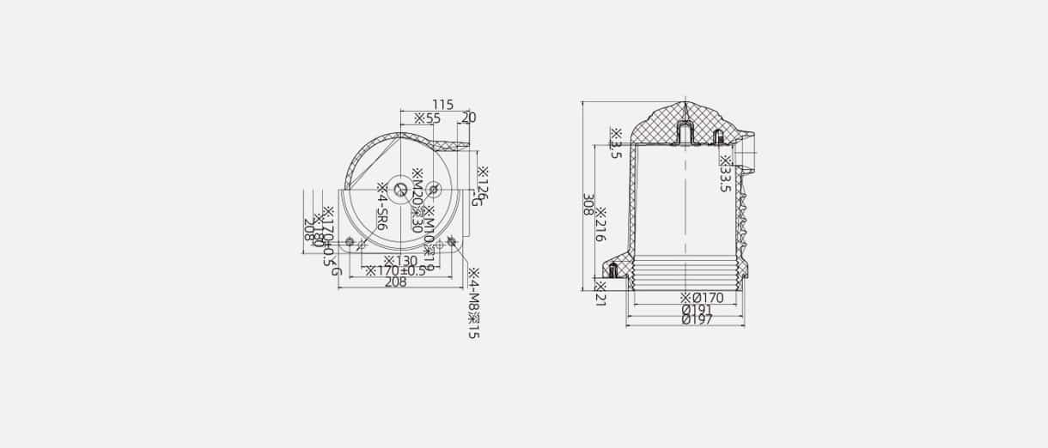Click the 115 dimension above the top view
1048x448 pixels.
click(x=442, y=105)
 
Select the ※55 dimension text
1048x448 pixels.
click(x=427, y=118)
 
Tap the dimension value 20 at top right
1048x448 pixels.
click(x=469, y=118)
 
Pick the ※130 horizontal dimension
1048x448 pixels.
click(x=400, y=260)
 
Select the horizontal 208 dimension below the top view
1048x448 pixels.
click(x=395, y=282)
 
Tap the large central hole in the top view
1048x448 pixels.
click(x=401, y=190)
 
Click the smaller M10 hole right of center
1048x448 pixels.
click(x=433, y=189)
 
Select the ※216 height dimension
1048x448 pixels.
click(x=601, y=224)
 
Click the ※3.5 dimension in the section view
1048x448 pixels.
click(x=615, y=143)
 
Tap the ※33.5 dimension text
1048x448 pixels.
click(x=725, y=173)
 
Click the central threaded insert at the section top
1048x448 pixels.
click(x=685, y=133)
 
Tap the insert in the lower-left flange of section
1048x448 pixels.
click(x=613, y=271)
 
